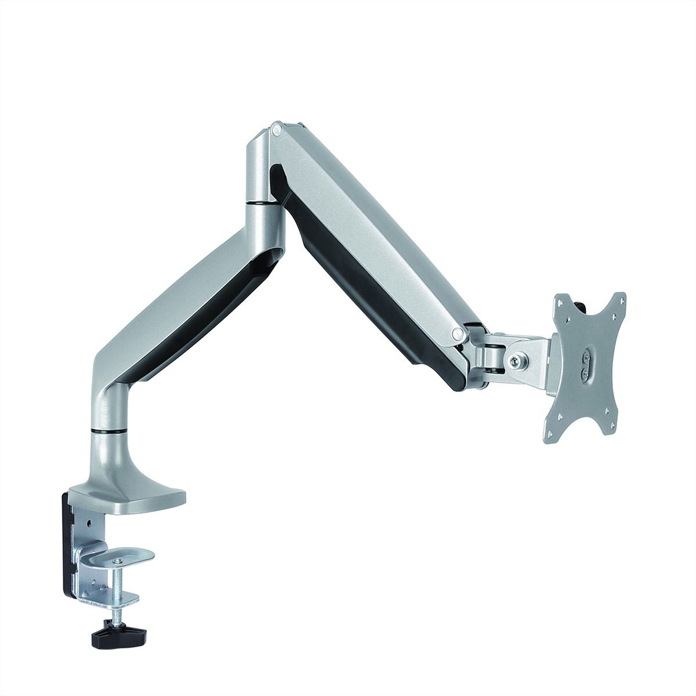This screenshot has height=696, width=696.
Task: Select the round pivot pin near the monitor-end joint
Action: [x=458, y=334]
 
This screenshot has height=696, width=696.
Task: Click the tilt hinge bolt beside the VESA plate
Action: [x=514, y=361]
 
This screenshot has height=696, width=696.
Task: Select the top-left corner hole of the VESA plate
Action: [x=560, y=303]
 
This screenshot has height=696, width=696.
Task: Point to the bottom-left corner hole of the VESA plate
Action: [x=550, y=433]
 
